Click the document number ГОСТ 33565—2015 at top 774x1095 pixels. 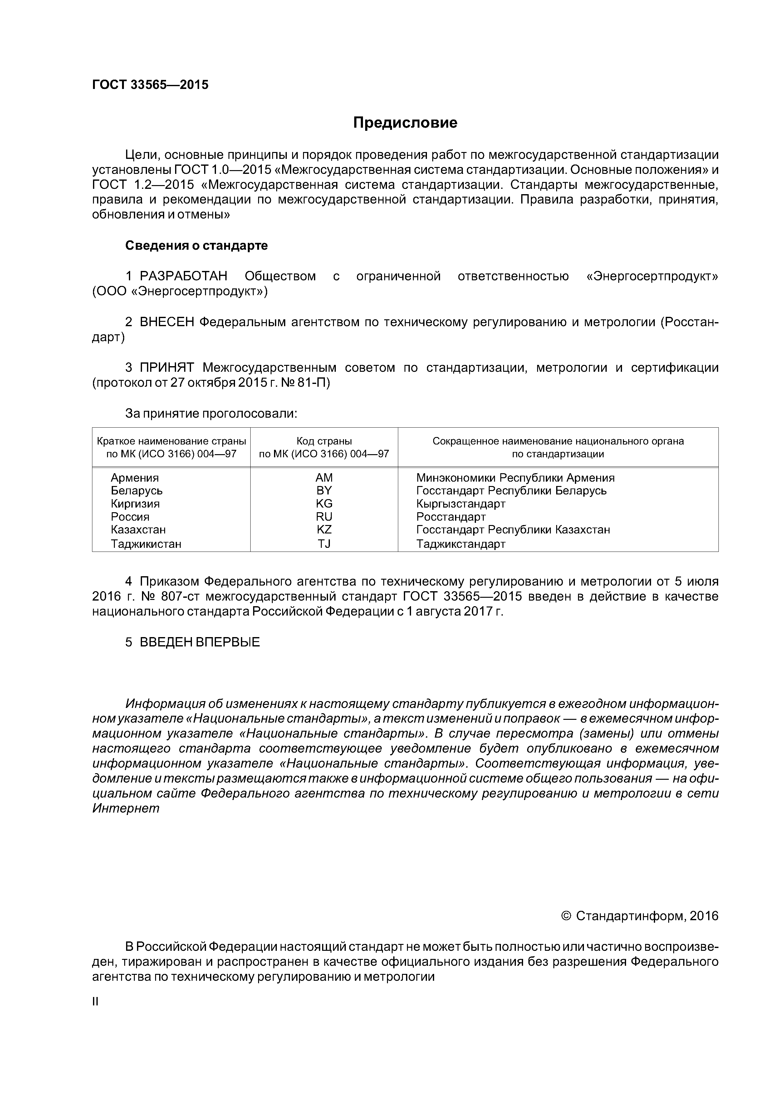[150, 85]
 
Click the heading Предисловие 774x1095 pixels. [405, 123]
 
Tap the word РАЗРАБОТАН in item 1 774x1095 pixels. [183, 277]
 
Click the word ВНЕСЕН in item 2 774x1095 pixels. [167, 322]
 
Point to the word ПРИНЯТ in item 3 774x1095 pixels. [167, 368]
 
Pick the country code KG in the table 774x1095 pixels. [324, 503]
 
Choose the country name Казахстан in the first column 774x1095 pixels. [138, 530]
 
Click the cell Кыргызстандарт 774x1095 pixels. [460, 503]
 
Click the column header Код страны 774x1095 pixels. [324, 441]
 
